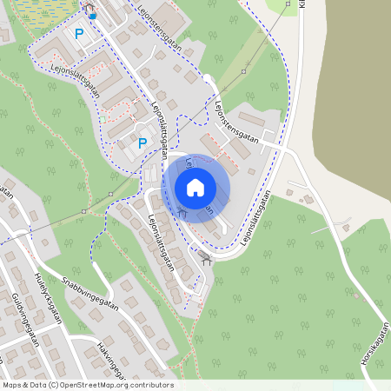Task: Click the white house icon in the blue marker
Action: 195,187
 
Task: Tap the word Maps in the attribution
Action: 12,385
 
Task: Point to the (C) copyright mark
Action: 54,385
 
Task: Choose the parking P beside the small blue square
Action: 80,34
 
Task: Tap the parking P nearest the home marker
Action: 142,142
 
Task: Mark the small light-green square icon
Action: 104,117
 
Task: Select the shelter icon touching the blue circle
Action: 182,211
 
